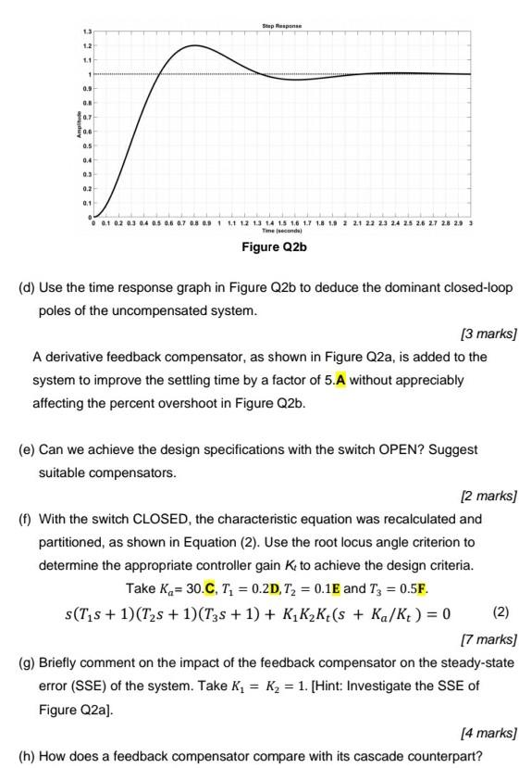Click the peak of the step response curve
[x=195, y=45]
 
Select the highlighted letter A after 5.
[x=341, y=380]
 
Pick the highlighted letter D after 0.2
[x=300, y=588]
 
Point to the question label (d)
[x=27, y=288]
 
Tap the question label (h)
[x=27, y=756]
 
